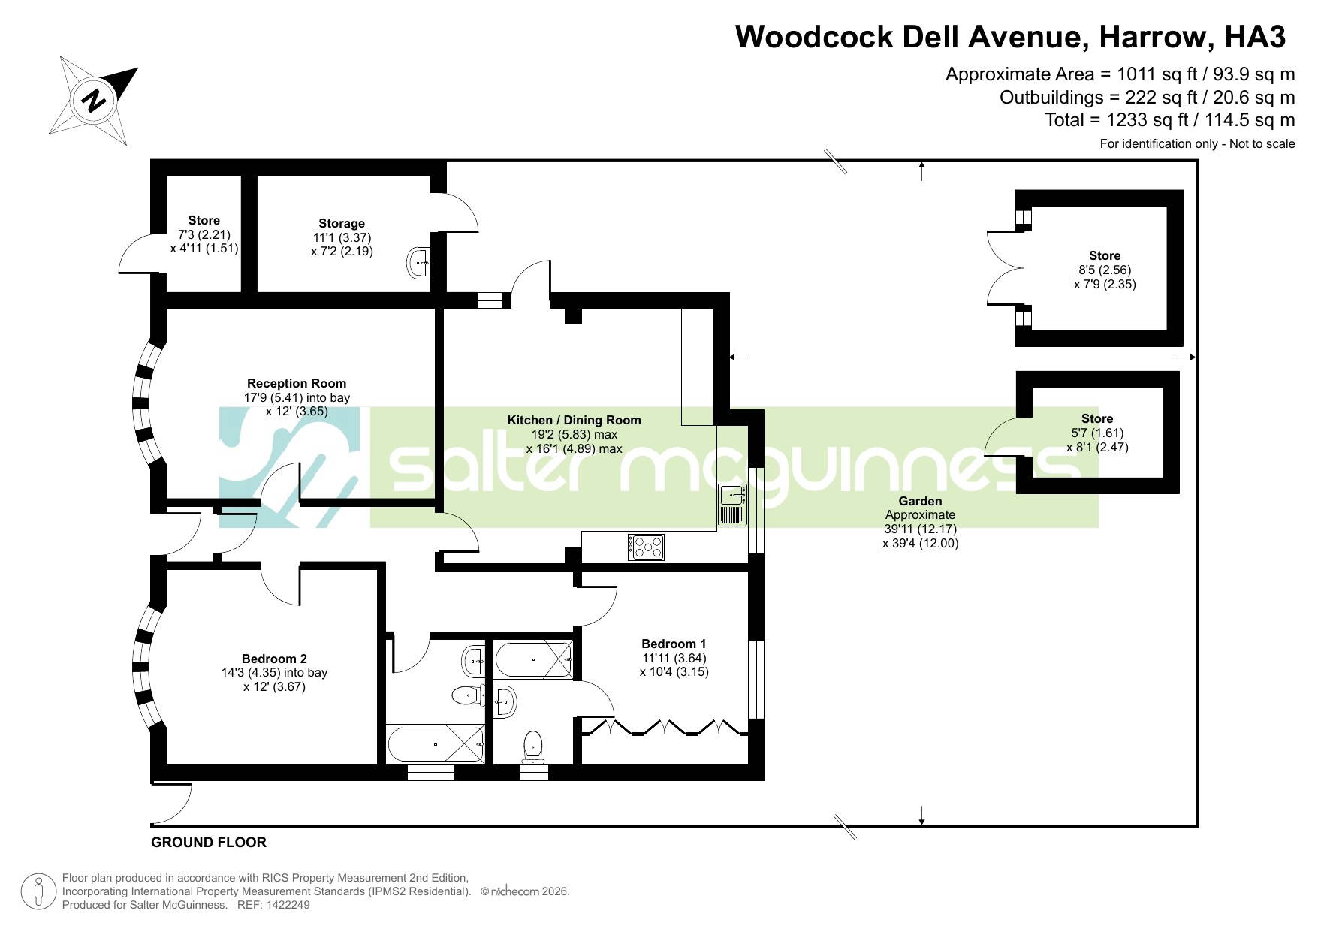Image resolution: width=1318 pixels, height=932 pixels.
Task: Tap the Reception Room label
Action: pyautogui.click(x=297, y=383)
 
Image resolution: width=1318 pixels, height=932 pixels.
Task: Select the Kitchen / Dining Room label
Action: pyautogui.click(x=574, y=420)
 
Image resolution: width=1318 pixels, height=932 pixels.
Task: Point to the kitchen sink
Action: pyautogui.click(x=732, y=495)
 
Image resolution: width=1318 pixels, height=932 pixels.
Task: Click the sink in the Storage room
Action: pyautogui.click(x=420, y=263)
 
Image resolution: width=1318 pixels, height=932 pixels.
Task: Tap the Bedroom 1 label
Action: pyautogui.click(x=674, y=644)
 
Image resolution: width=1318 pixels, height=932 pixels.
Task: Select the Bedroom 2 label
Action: pyautogui.click(x=274, y=659)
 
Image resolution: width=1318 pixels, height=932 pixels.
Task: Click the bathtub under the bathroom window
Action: pyautogui.click(x=436, y=744)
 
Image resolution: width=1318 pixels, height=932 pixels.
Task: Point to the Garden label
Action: pyautogui.click(x=920, y=501)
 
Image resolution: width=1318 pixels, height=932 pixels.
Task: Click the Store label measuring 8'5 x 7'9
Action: pyautogui.click(x=1105, y=255)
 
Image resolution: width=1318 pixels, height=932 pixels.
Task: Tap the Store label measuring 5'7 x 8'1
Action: pyautogui.click(x=1097, y=418)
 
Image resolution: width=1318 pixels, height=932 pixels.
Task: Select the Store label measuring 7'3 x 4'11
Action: pyautogui.click(x=204, y=220)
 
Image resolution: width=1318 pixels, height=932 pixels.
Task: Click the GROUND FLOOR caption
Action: pyautogui.click(x=209, y=842)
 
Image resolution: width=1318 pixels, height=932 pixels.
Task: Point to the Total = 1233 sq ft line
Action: pyautogui.click(x=1170, y=120)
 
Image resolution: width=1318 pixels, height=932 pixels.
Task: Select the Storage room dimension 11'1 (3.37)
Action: pyautogui.click(x=342, y=237)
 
